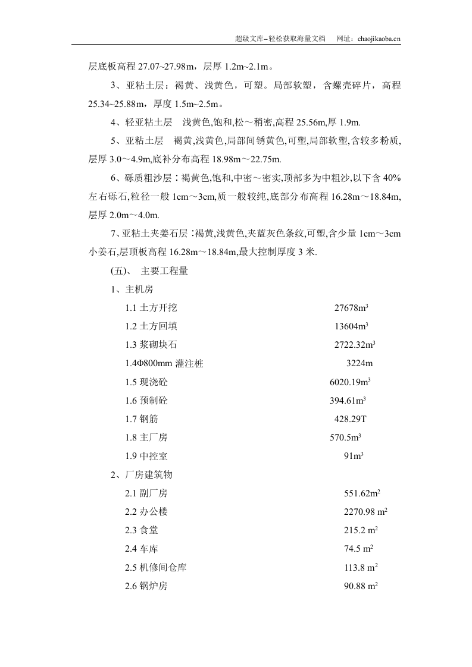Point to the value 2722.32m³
coord(355,345)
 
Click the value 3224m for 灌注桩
coord(360,363)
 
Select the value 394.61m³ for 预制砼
coord(348,401)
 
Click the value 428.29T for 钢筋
coord(351,419)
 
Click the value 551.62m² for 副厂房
coord(362,493)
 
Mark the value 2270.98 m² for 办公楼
coord(366,512)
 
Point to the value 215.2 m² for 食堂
coord(361,530)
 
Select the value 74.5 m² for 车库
coord(359,549)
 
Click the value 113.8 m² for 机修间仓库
coord(361,567)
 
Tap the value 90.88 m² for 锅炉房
coord(361,586)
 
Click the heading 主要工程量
coord(164,271)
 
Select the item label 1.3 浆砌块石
coord(151,345)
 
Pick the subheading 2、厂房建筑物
coord(142,475)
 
